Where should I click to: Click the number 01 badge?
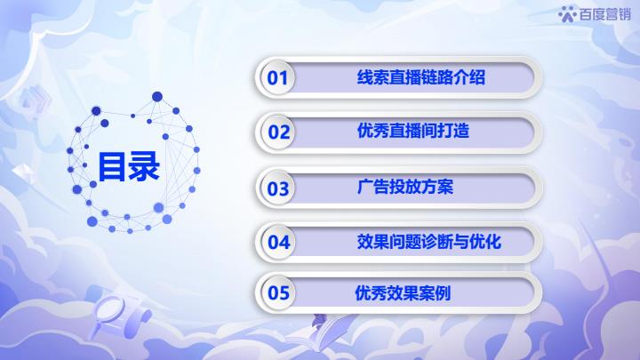(x=277, y=77)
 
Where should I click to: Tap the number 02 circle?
(x=277, y=132)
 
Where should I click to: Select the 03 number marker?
(x=277, y=188)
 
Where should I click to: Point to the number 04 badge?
(x=277, y=242)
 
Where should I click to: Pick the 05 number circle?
(x=277, y=292)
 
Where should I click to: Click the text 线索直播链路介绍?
(x=420, y=77)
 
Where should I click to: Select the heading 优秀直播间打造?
(x=413, y=131)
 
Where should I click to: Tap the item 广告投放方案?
(x=405, y=187)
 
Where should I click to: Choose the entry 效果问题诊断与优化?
(x=429, y=242)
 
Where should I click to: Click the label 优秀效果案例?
(x=403, y=292)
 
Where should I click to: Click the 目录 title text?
(x=128, y=166)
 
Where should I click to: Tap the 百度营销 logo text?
(x=605, y=14)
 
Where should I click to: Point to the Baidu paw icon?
(x=567, y=14)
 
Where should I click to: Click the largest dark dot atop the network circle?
(x=157, y=97)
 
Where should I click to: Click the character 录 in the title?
(x=144, y=166)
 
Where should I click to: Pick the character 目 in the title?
(x=112, y=166)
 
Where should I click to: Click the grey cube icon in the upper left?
(x=35, y=100)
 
